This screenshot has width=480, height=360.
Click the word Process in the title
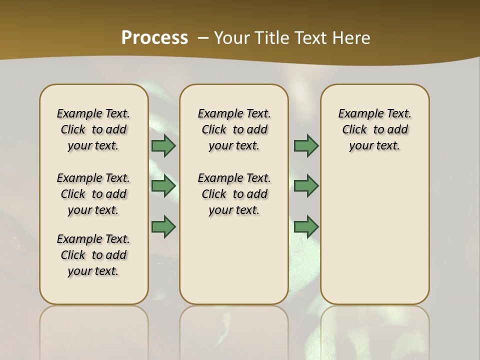point(154,38)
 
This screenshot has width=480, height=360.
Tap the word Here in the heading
point(352,38)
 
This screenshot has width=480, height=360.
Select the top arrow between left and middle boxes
point(163,146)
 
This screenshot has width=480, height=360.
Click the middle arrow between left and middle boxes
point(163,186)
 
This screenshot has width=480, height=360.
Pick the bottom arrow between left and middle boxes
point(163,226)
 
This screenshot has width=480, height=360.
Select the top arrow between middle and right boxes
point(306,146)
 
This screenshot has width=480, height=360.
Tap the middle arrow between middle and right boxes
point(306,186)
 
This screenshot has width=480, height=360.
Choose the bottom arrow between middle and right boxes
point(306,226)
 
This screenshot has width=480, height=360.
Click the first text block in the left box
point(93,129)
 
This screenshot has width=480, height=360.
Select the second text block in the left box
point(93,194)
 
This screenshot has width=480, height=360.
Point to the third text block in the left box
point(93,255)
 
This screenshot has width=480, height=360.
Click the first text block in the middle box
point(234,129)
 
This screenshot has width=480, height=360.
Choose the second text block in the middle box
point(234,194)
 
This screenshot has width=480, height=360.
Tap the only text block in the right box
point(374,129)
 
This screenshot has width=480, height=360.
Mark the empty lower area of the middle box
point(234,260)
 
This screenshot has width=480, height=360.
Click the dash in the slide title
point(203,38)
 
